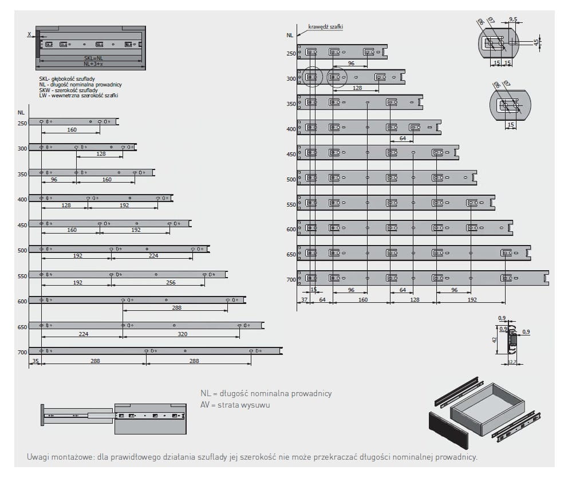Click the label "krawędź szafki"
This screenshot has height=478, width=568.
click(x=325, y=26)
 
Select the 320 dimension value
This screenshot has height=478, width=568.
click(x=182, y=334)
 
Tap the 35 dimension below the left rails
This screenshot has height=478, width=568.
click(x=35, y=361)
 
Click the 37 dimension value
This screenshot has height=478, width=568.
click(x=303, y=299)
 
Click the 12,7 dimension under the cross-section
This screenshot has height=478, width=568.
click(x=512, y=362)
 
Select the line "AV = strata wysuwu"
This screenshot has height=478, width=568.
click(x=235, y=405)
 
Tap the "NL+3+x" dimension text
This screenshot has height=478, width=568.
click(x=94, y=64)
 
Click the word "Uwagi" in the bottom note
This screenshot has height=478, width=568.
click(x=38, y=457)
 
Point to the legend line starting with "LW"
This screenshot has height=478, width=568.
click(x=74, y=96)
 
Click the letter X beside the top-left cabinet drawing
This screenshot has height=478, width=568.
click(x=29, y=34)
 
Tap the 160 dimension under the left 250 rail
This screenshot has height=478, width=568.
click(x=72, y=130)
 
